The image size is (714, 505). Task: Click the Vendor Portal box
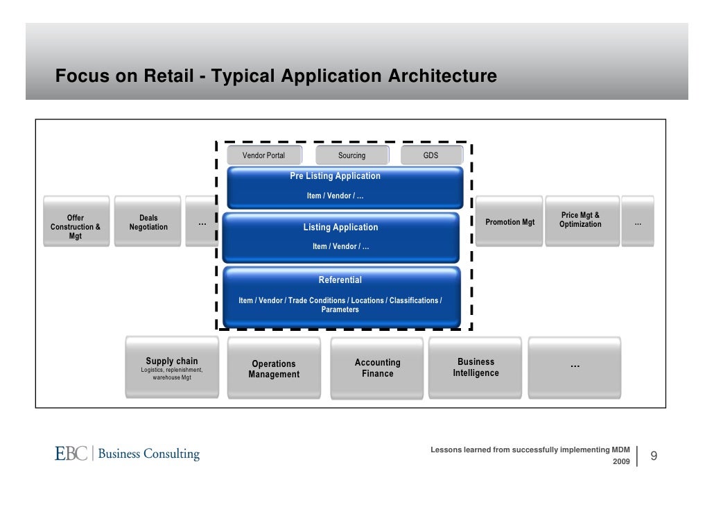263,155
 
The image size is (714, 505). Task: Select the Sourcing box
351,155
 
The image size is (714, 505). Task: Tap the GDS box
430,155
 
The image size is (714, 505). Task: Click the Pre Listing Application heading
335,176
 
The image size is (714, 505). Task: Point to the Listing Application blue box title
340,228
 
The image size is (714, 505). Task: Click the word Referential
340,280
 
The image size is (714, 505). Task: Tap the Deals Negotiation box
148,222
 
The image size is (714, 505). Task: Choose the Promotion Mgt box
510,222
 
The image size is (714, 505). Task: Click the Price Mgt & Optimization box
580,221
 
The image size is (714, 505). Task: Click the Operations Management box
274,368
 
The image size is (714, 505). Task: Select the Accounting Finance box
377,368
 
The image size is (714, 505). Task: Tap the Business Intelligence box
476,367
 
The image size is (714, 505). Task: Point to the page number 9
653,456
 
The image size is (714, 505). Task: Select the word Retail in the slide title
168,76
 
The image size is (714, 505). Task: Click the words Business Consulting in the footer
149,454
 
